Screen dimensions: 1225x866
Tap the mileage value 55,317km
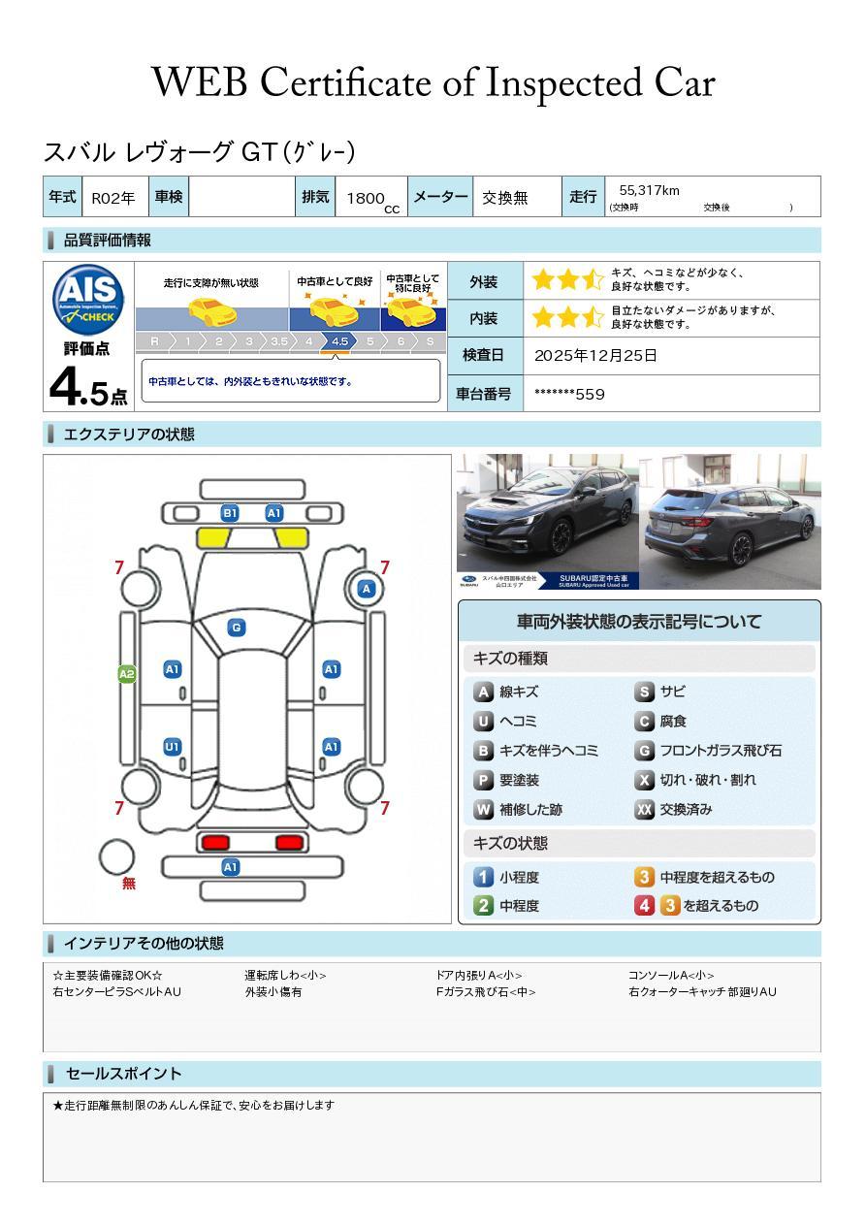649,191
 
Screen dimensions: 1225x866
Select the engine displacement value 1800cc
369,199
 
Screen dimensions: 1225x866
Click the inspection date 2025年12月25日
595,356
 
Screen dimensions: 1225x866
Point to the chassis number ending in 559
569,394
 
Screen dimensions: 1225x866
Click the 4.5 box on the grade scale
339,341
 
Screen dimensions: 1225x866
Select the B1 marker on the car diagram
230,513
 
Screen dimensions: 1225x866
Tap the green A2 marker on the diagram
126,674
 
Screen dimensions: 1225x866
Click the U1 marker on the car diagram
172,747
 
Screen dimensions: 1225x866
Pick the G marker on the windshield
236,628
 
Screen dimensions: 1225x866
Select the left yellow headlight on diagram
214,536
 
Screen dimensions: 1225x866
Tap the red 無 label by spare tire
129,884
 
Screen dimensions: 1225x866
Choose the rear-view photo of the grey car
729,521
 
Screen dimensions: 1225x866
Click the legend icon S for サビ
644,693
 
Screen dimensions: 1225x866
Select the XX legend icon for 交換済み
644,810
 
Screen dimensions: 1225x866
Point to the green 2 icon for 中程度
483,906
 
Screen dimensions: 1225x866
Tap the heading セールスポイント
123,1074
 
